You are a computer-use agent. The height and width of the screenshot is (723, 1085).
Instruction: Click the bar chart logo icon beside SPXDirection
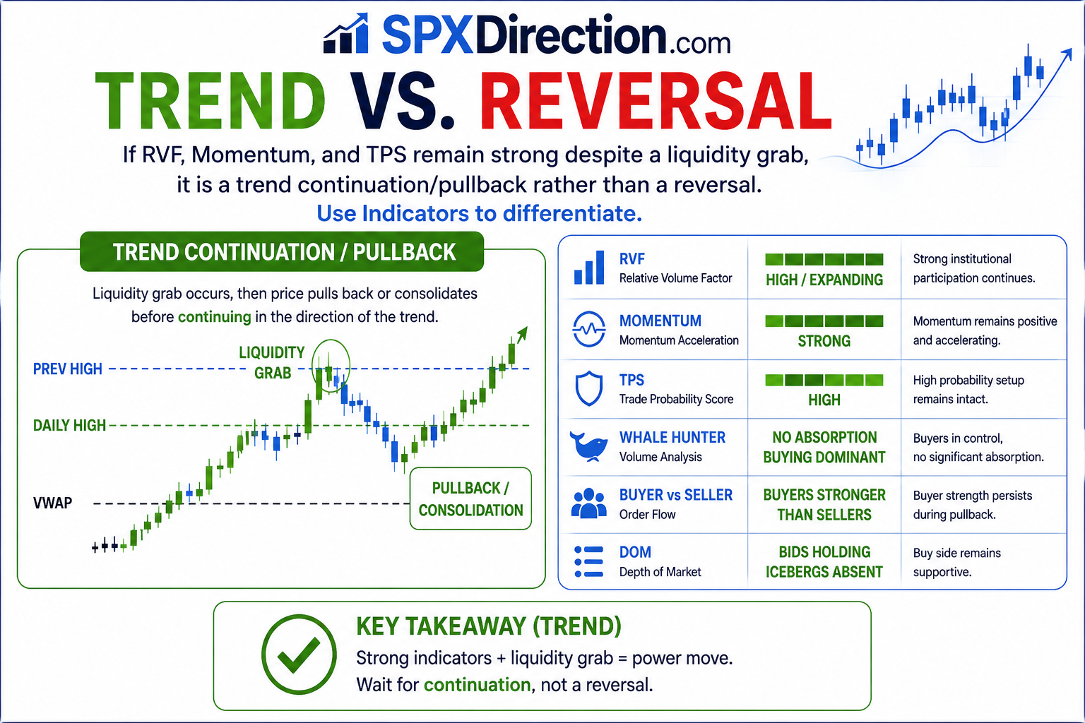[346, 33]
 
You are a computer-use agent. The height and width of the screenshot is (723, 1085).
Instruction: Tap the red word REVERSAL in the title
[656, 101]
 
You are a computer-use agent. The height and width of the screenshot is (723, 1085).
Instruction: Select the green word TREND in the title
[211, 101]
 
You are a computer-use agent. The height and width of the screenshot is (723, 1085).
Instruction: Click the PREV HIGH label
[67, 369]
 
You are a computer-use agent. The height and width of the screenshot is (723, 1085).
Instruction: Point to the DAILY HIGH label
[69, 425]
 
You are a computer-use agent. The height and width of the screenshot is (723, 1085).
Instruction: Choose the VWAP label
[52, 503]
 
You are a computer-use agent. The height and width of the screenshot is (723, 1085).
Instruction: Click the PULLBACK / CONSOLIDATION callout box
[470, 498]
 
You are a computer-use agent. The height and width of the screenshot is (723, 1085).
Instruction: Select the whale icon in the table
[588, 446]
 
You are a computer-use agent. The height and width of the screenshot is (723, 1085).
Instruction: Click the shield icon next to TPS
[588, 388]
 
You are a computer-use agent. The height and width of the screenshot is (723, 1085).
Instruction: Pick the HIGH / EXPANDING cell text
[824, 280]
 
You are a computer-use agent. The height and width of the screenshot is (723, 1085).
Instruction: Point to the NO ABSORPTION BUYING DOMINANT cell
[824, 447]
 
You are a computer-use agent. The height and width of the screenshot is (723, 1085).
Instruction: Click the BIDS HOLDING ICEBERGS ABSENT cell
[824, 562]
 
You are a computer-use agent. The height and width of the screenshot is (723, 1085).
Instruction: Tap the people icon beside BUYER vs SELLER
[588, 503]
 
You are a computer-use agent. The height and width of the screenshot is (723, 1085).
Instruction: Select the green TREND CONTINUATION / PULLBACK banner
[281, 252]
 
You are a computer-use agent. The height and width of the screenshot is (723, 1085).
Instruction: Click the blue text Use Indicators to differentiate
[479, 213]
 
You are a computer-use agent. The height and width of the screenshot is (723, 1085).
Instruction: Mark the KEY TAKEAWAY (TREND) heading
[489, 626]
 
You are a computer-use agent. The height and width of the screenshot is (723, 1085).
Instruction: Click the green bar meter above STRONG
[824, 321]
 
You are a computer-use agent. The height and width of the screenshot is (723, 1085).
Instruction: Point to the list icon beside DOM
[588, 562]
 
